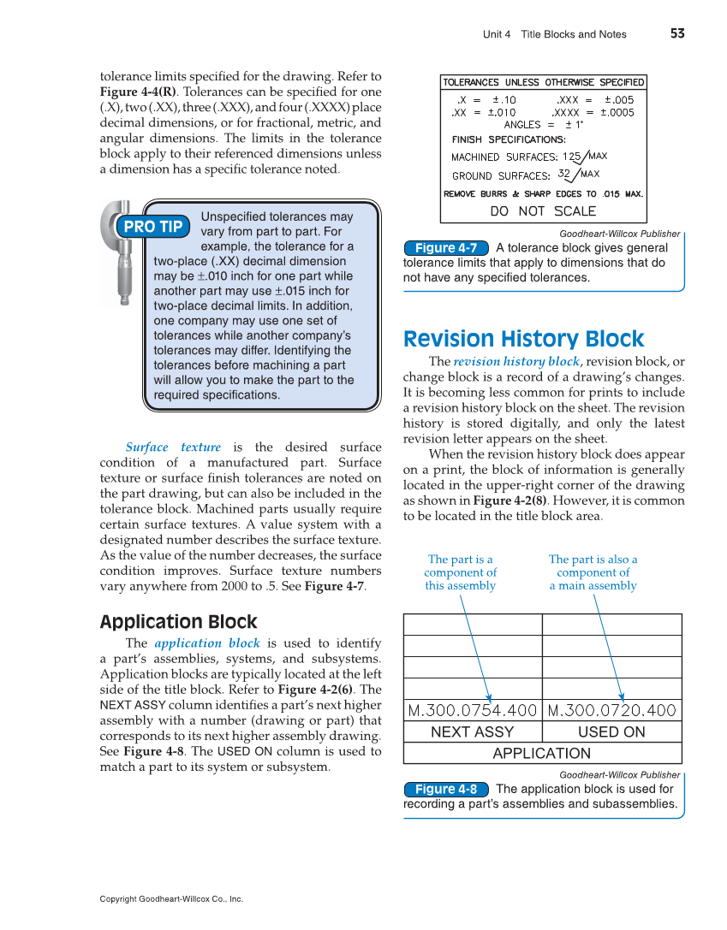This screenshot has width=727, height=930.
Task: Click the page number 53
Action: pyautogui.click(x=677, y=33)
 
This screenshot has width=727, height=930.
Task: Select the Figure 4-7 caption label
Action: pyautogui.click(x=446, y=248)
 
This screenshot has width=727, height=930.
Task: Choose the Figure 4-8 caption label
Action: pyautogui.click(x=446, y=789)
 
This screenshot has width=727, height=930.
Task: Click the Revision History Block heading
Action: pyautogui.click(x=523, y=339)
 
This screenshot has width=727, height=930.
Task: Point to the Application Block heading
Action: pyautogui.click(x=178, y=622)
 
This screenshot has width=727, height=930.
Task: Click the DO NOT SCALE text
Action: pyautogui.click(x=543, y=211)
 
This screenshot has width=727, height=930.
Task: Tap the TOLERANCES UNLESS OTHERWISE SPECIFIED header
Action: pyautogui.click(x=543, y=83)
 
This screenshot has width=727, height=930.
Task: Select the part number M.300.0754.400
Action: pyautogui.click(x=472, y=710)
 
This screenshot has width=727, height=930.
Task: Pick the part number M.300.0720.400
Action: pyautogui.click(x=611, y=710)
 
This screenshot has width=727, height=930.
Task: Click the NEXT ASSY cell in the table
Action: pyautogui.click(x=472, y=732)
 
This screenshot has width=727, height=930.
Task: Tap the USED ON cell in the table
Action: pyautogui.click(x=611, y=732)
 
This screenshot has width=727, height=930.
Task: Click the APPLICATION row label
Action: pyautogui.click(x=542, y=754)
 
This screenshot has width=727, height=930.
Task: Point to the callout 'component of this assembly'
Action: pyautogui.click(x=461, y=572)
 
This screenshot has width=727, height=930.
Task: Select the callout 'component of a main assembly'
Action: pyautogui.click(x=593, y=572)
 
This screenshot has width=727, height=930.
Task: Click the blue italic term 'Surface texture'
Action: pyautogui.click(x=173, y=447)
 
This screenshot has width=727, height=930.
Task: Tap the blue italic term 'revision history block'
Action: pyautogui.click(x=516, y=362)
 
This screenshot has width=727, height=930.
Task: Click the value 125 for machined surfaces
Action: pyautogui.click(x=571, y=157)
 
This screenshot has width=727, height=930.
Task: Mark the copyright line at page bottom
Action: pyautogui.click(x=171, y=899)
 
